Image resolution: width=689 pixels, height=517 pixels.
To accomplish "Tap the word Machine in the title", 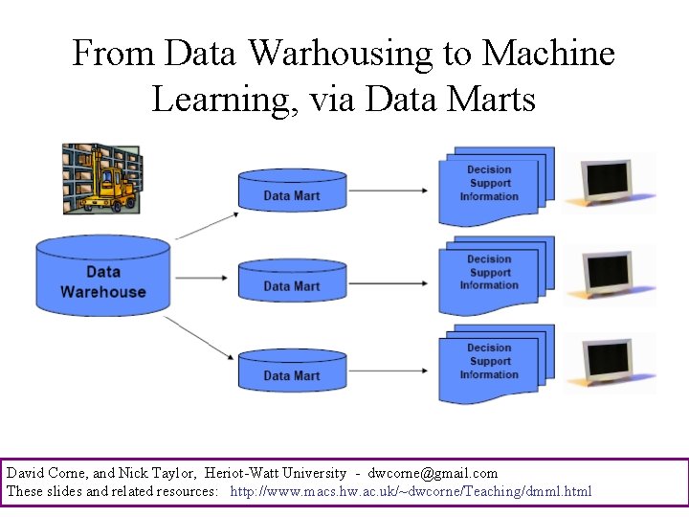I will pyautogui.click(x=549, y=54).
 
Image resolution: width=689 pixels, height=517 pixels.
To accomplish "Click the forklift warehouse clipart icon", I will pyautogui.click(x=101, y=179).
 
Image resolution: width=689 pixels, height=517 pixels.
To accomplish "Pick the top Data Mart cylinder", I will pyautogui.click(x=292, y=191).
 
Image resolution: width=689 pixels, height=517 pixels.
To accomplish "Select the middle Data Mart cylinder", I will pyautogui.click(x=292, y=281).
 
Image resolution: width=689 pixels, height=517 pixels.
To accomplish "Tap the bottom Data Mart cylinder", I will pyautogui.click(x=292, y=371).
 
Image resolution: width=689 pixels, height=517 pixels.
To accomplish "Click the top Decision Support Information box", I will pyautogui.click(x=491, y=183).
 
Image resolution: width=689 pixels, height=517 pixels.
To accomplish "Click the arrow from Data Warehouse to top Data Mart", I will pyautogui.click(x=207, y=226).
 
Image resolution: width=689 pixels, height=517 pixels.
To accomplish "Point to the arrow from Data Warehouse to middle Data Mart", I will pyautogui.click(x=204, y=280).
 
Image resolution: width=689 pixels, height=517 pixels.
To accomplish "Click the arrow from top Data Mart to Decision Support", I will pyautogui.click(x=389, y=191).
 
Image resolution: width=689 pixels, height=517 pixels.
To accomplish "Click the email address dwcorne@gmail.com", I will pyautogui.click(x=433, y=473).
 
